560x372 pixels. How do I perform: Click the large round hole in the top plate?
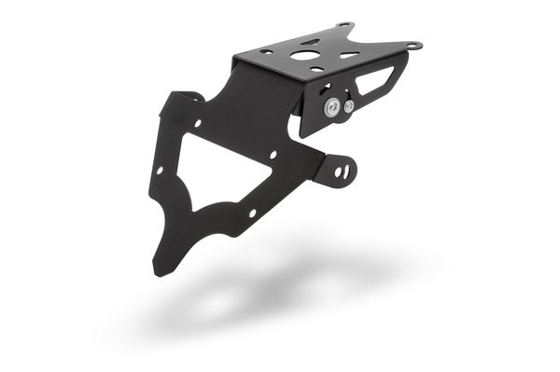[305, 56]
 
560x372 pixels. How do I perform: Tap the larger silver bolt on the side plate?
[332, 108]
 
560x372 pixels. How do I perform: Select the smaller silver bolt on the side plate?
[349, 106]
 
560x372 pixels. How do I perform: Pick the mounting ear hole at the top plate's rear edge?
[344, 25]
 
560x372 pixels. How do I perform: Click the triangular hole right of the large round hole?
[349, 55]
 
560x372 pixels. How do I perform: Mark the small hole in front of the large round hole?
[318, 69]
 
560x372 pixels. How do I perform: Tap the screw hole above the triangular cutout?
[198, 123]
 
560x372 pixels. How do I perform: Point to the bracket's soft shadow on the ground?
[280, 289]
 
